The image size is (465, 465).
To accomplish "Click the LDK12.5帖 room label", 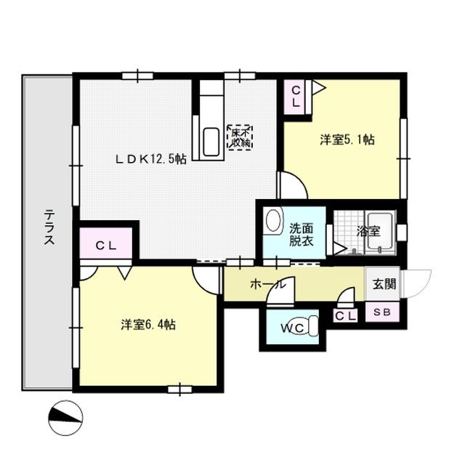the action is [151, 160].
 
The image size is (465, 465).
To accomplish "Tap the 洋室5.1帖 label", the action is [347, 139].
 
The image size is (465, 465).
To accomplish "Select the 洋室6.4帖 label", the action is [148, 325].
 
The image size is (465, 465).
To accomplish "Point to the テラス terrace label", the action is [49, 227].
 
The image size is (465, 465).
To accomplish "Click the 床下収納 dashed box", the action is [240, 137].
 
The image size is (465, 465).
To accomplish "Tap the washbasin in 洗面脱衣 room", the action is [273, 221].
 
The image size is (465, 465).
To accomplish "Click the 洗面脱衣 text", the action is [302, 235].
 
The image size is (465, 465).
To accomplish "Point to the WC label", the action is [292, 328].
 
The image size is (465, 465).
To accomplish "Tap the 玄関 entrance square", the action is [383, 284].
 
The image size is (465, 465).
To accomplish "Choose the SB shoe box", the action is [382, 312].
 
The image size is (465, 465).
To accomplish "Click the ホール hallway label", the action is [268, 284].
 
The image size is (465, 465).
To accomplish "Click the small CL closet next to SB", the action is [345, 315].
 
